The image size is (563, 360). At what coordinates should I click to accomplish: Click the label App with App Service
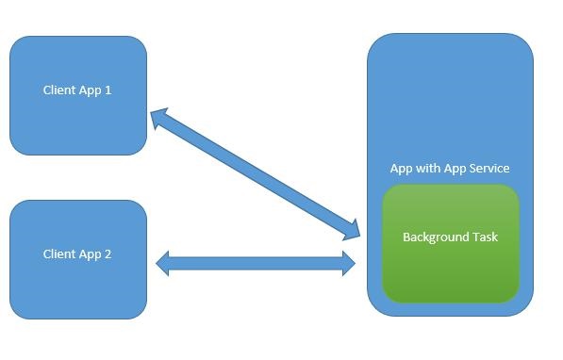pos(450,169)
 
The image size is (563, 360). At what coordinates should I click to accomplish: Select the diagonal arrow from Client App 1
pos(255,172)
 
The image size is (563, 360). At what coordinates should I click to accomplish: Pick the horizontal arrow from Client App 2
pos(256,264)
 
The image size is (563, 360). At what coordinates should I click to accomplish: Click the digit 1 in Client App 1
pos(108,90)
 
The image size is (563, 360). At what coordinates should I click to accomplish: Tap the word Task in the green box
pos(484,237)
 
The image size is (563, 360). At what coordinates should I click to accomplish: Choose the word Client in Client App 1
pos(59,90)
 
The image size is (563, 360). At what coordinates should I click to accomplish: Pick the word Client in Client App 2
pos(59,254)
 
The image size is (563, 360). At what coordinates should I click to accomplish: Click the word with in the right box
pos(428,169)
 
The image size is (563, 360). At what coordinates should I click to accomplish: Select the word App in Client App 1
pos(91,90)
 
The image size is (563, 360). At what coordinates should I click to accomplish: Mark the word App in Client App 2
pos(91,254)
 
